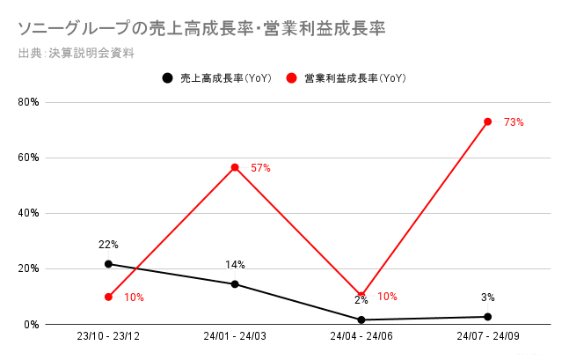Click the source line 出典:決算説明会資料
click(76, 53)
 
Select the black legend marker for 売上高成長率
click(167, 78)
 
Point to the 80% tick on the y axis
click(29, 102)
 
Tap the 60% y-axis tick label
click(29, 158)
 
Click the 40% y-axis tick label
click(29, 213)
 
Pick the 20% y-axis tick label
click(29, 268)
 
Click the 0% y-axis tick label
click(32, 324)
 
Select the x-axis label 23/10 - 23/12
click(108, 338)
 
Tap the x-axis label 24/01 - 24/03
click(235, 338)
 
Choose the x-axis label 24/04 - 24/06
click(361, 338)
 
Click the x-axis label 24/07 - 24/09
click(488, 338)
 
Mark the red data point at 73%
click(488, 121)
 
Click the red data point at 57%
click(235, 167)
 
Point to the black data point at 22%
click(108, 264)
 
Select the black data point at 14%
click(235, 284)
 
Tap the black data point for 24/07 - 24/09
click(488, 317)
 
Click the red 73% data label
click(514, 122)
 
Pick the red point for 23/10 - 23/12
click(108, 297)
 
